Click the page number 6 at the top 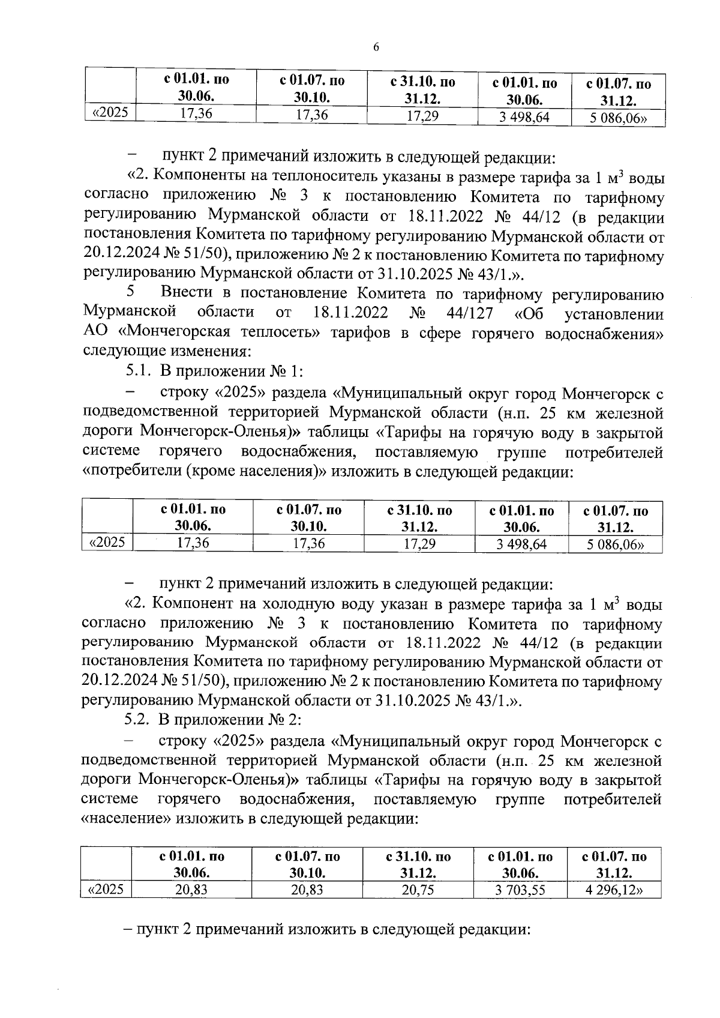pos(376,47)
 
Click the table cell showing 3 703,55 pos(520,890)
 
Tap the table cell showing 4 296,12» pos(614,890)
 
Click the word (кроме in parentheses pos(212,472)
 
